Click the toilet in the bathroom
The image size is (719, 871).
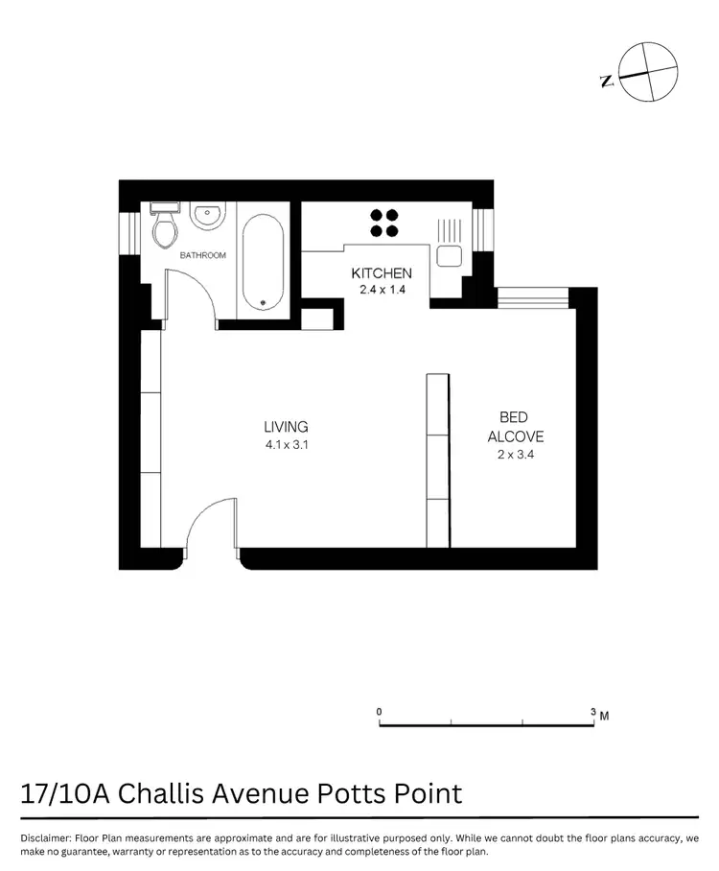pos(164,227)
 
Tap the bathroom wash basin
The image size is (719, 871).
pos(206,218)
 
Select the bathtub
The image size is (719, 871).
pos(261,261)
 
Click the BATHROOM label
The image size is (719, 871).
pos(202,255)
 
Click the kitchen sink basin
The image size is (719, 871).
pos(448,255)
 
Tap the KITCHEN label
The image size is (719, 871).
pos(382,273)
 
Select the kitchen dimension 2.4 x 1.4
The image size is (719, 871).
pos(382,290)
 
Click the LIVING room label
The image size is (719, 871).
pos(286,427)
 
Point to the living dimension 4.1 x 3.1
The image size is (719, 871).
pos(286,444)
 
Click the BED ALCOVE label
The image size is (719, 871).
pos(515,427)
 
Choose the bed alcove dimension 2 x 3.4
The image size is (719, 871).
pos(515,456)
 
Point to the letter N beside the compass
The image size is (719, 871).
pos(607,82)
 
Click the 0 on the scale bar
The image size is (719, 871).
pos(380,711)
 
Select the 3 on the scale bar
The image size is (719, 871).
pos(593,711)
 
